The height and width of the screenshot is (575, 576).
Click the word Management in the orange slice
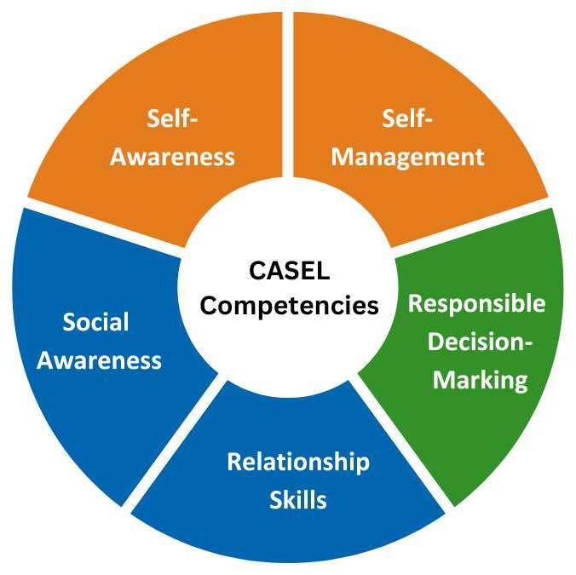[407, 157]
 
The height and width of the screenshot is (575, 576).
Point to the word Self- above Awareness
[172, 119]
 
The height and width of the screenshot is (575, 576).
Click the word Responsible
[476, 303]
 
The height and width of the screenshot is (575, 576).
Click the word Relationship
[297, 462]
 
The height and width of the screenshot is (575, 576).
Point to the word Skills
[297, 499]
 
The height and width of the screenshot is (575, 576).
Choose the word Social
[95, 322]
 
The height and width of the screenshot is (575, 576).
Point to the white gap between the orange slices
[288, 85]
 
